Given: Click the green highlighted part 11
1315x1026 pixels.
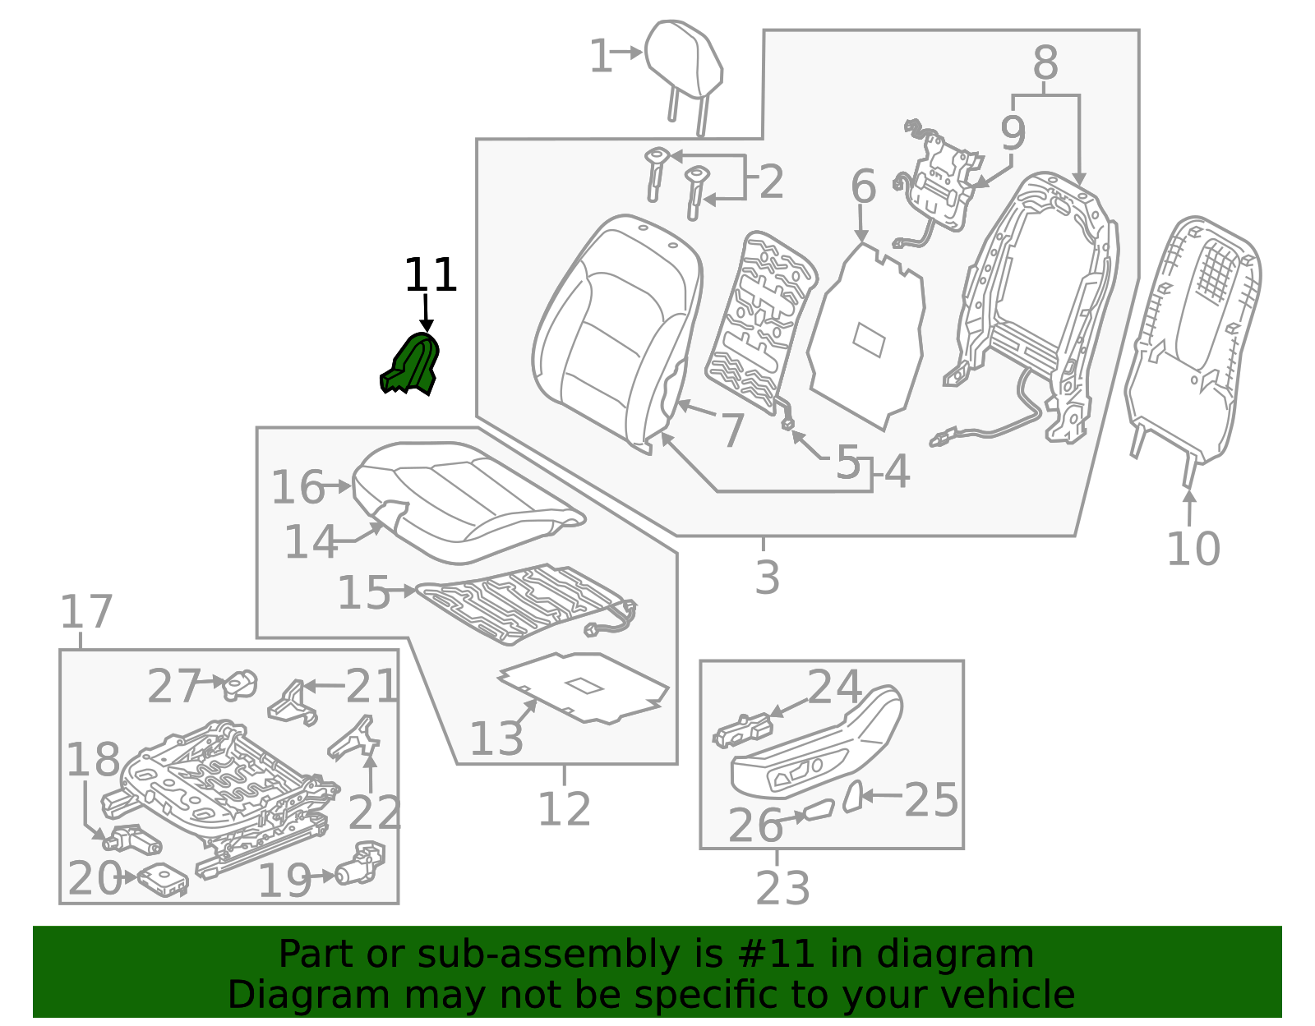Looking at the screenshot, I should [x=411, y=366].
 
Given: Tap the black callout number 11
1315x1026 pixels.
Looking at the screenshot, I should [x=430, y=276].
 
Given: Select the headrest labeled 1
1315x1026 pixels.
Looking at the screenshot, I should [x=684, y=62].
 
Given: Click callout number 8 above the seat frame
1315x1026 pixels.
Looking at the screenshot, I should [x=1045, y=63].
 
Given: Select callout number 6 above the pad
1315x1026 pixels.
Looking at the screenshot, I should [x=863, y=187].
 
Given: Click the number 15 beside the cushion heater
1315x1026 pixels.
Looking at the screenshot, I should [x=363, y=592].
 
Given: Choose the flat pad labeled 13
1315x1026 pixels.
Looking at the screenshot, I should [x=584, y=687].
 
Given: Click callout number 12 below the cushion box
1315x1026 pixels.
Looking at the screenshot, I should [x=564, y=809].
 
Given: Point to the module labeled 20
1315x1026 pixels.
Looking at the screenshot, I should [x=164, y=880].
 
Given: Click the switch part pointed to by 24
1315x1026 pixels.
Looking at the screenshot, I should [x=743, y=730].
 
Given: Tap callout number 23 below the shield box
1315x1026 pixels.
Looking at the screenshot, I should [x=782, y=888].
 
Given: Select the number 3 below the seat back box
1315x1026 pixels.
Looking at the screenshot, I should [x=766, y=577].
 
